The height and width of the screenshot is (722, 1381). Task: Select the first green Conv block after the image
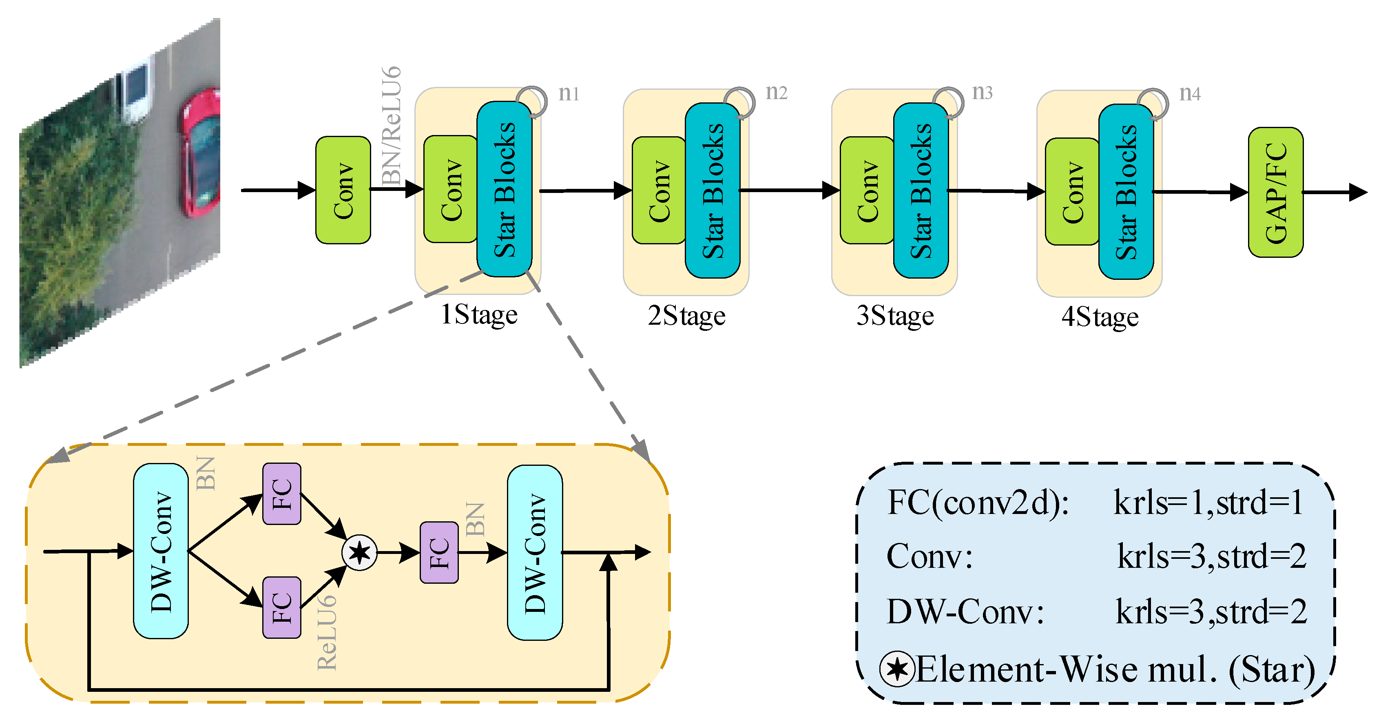343,190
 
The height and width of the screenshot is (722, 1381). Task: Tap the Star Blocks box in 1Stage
504,189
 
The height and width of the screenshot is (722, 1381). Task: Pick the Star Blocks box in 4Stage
1125,191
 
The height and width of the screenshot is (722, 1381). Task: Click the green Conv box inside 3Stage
867,190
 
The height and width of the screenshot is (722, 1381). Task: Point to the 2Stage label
686,315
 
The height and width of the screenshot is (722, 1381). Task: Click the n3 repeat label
982,92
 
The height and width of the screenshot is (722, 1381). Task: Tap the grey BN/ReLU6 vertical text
392,126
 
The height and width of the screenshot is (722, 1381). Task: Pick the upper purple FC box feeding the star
281,494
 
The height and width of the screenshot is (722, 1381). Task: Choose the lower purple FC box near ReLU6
281,607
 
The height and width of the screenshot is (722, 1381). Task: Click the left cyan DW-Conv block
161,551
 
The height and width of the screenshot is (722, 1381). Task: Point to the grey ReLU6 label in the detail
327,633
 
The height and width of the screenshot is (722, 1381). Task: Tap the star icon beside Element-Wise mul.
896,669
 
